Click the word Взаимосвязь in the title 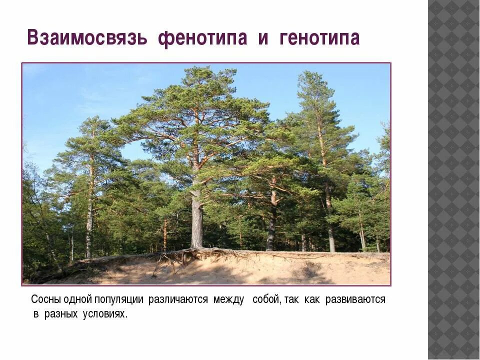point(87,38)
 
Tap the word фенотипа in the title point(202,38)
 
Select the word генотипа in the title point(319,38)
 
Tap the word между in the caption point(228,299)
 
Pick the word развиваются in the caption point(355,299)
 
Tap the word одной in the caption point(78,299)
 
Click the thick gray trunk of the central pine point(197,220)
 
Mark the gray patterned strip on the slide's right point(453,180)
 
